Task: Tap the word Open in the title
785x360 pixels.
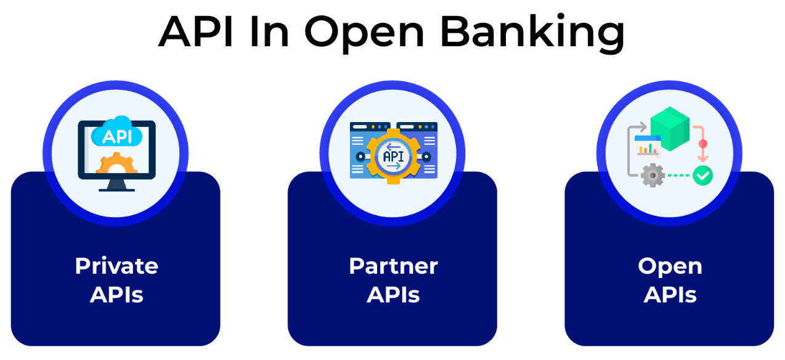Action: (364, 35)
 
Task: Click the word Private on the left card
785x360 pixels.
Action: (116, 266)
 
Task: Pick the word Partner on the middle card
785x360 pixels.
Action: (393, 266)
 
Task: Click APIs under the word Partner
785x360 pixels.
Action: (393, 295)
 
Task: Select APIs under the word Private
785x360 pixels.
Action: (116, 295)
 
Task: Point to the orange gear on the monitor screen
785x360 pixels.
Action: (116, 165)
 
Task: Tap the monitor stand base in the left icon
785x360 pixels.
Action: (116, 189)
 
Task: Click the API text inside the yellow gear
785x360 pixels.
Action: (393, 156)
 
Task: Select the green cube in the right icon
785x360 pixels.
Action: (669, 126)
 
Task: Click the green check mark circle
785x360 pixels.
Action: (702, 176)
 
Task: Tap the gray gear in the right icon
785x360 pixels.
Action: (652, 176)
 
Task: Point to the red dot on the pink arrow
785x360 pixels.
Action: (702, 144)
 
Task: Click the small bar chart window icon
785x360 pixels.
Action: (647, 146)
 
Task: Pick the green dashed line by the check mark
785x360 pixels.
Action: (678, 176)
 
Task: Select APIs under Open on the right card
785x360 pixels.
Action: (670, 295)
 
